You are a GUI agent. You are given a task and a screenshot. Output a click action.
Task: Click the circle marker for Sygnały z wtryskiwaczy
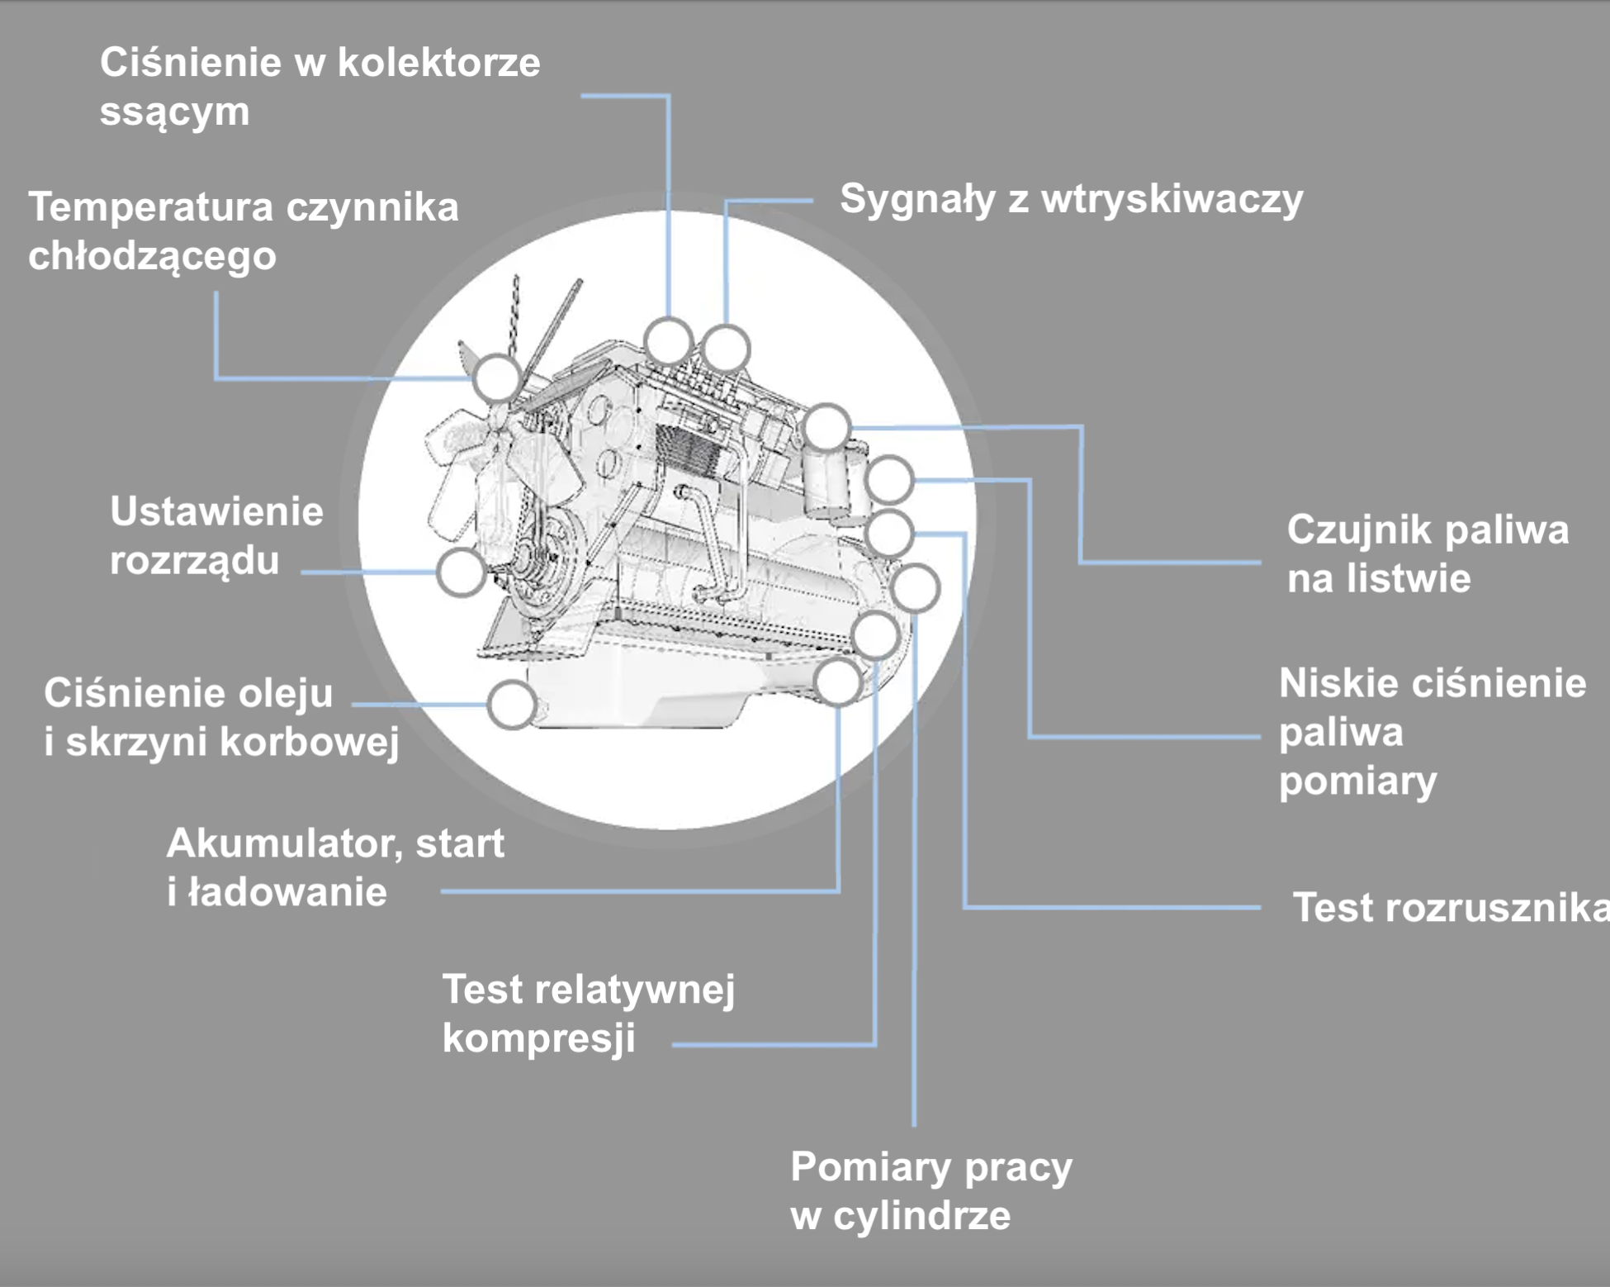click(x=726, y=349)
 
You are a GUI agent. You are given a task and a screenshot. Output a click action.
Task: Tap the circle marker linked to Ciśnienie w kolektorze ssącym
click(x=668, y=340)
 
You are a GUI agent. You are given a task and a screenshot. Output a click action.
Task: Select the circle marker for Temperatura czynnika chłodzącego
click(x=497, y=378)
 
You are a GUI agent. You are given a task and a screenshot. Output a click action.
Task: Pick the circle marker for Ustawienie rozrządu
click(x=461, y=572)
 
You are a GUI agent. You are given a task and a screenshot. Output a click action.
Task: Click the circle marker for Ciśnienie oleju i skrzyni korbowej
click(x=512, y=705)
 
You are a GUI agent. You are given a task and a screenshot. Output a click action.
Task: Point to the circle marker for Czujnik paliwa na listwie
click(x=826, y=427)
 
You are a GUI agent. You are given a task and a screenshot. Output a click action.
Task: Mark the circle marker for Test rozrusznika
click(x=889, y=533)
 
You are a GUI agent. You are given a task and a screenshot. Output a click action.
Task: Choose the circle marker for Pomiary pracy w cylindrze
click(x=915, y=588)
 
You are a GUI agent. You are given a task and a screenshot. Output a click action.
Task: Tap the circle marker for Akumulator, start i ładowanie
click(x=838, y=682)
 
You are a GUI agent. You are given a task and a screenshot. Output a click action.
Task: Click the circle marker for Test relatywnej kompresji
click(x=875, y=634)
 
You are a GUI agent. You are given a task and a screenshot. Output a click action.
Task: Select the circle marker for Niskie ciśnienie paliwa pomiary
click(x=889, y=479)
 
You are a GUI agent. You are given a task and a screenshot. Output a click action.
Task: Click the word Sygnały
click(x=917, y=201)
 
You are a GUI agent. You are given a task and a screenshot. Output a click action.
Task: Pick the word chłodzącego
click(x=152, y=257)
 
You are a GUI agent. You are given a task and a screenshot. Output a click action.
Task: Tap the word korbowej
click(x=310, y=742)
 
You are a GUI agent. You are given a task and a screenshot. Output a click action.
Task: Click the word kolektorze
click(x=438, y=64)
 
